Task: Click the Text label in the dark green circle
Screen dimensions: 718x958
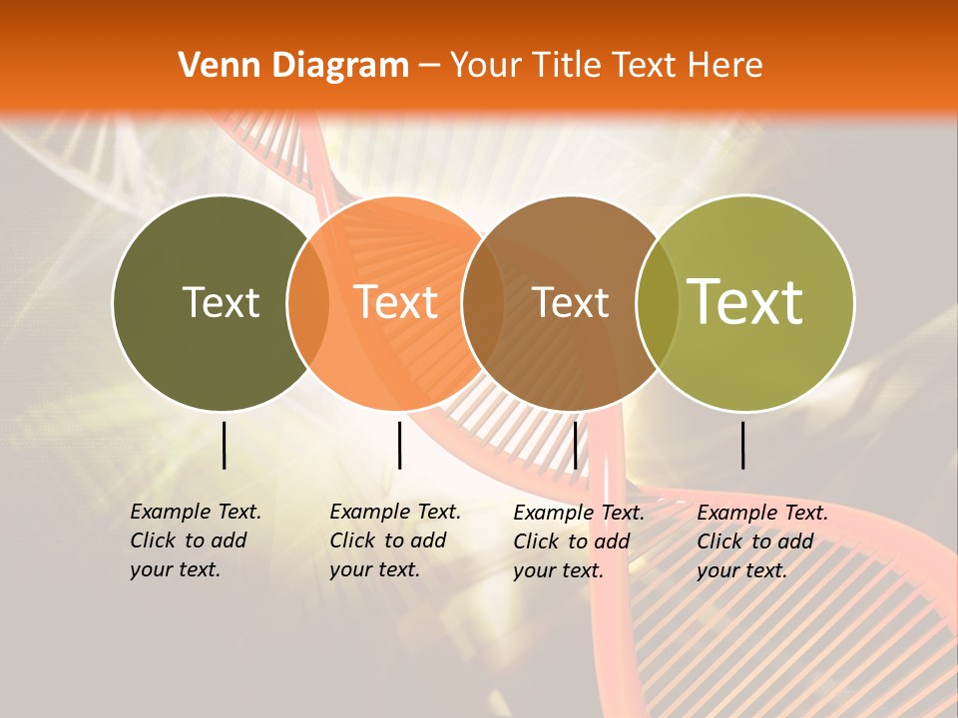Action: coord(221,302)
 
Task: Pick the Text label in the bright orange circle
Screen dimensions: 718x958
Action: coord(396,302)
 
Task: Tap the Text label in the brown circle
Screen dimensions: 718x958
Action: coord(570,303)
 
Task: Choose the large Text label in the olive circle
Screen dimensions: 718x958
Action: coord(745,301)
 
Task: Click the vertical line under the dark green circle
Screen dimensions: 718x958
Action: coord(224,445)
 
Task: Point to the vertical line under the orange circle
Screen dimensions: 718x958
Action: coord(399,445)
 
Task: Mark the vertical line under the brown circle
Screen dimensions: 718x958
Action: coord(575,445)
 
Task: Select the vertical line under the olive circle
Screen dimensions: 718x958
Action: coord(743,445)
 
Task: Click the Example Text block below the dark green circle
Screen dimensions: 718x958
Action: coord(195,540)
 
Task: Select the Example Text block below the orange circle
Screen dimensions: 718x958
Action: coord(394,540)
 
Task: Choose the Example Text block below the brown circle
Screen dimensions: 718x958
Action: coord(578,541)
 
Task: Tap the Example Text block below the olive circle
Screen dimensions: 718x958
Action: coord(761,541)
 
